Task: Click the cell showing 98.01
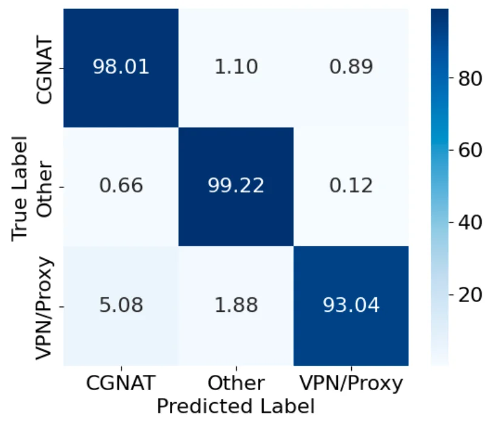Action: [120, 67]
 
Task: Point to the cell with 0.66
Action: [120, 186]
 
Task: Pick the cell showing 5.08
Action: [120, 305]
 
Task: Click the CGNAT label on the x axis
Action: [120, 383]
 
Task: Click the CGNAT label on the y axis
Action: [44, 67]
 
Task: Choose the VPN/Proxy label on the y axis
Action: [44, 305]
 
